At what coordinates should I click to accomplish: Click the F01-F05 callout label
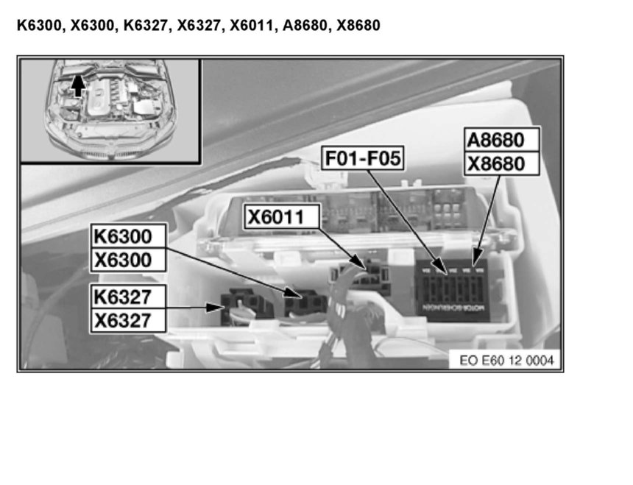364,157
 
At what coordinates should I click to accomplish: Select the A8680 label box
502,140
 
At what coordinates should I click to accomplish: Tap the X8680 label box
502,163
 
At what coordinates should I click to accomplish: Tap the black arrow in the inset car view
78,87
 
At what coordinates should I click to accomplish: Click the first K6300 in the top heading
38,26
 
